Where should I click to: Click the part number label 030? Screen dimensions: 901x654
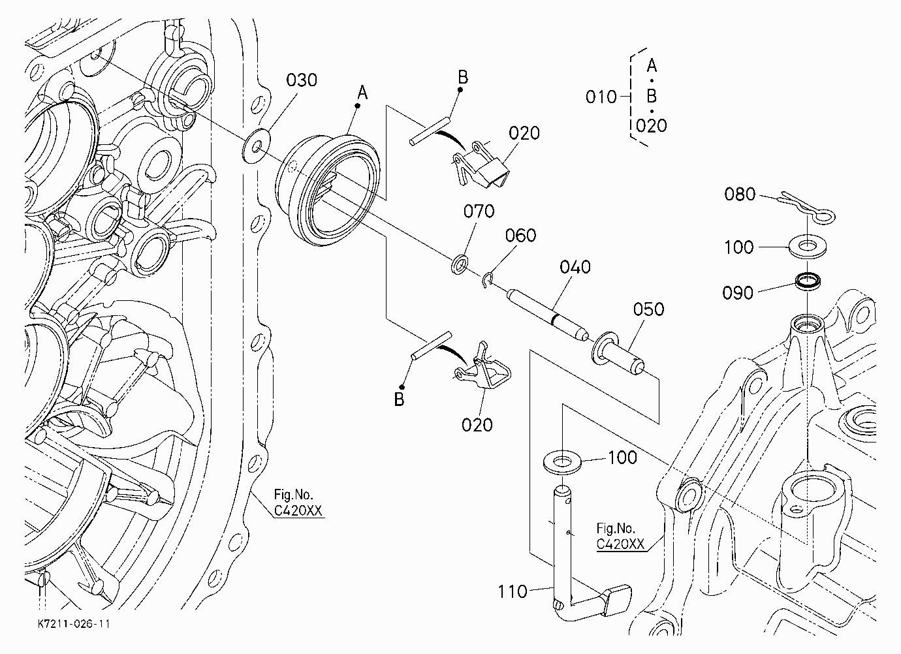(x=301, y=80)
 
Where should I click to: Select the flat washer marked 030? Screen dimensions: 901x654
(x=256, y=146)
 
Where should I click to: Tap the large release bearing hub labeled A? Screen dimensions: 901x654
(x=328, y=190)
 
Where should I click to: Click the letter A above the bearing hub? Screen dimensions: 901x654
(x=362, y=93)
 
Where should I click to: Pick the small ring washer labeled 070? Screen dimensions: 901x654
(x=460, y=264)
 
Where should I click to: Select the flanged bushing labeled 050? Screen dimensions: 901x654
(x=618, y=352)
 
